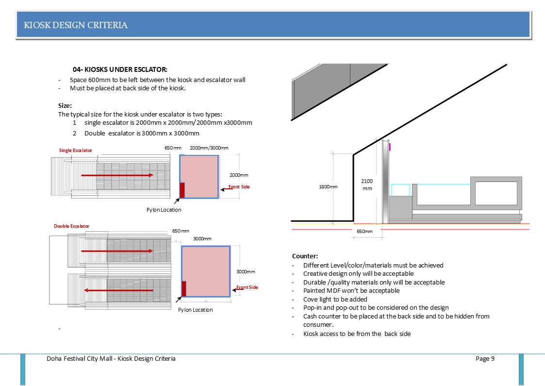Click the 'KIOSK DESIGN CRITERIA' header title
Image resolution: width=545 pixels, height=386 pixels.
point(76,25)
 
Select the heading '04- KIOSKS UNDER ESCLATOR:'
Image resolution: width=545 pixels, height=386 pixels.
point(120,70)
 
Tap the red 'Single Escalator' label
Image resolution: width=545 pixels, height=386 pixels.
point(76,150)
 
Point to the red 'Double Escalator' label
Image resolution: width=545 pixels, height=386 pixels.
point(71,226)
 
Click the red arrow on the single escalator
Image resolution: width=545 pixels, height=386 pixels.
point(117,175)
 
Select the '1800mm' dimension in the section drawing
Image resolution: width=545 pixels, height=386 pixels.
point(328,187)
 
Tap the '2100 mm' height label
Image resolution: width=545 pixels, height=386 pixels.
point(367,185)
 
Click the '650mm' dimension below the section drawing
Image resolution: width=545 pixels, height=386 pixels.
point(364,232)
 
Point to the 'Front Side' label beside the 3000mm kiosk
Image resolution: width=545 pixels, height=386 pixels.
point(247,287)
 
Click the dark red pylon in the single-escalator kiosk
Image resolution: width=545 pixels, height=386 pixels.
point(182,190)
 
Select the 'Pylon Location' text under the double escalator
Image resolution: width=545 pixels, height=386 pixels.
point(195,310)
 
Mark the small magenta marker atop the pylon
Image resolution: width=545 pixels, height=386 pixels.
point(390,146)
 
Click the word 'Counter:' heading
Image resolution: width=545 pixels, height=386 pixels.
point(305,256)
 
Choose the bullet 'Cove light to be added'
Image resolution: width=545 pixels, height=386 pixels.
point(335,299)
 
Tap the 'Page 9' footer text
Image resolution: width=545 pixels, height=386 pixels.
point(485,359)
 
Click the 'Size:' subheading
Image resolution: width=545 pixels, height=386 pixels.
point(65,105)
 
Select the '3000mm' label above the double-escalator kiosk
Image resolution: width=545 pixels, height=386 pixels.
point(202,239)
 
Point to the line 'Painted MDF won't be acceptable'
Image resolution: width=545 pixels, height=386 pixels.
point(351,290)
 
